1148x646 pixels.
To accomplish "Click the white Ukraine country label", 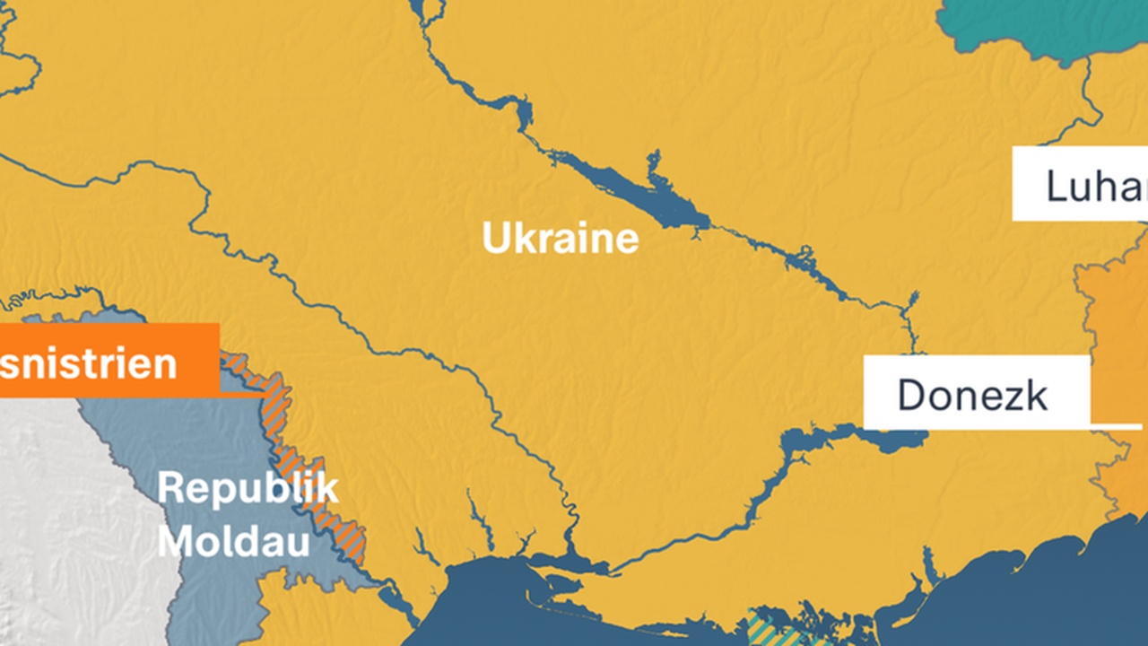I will [x=560, y=240].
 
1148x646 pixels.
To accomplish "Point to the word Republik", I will [x=248, y=489].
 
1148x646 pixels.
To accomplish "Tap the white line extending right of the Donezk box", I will [x=1117, y=424].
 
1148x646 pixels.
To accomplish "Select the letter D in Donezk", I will [x=912, y=395].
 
